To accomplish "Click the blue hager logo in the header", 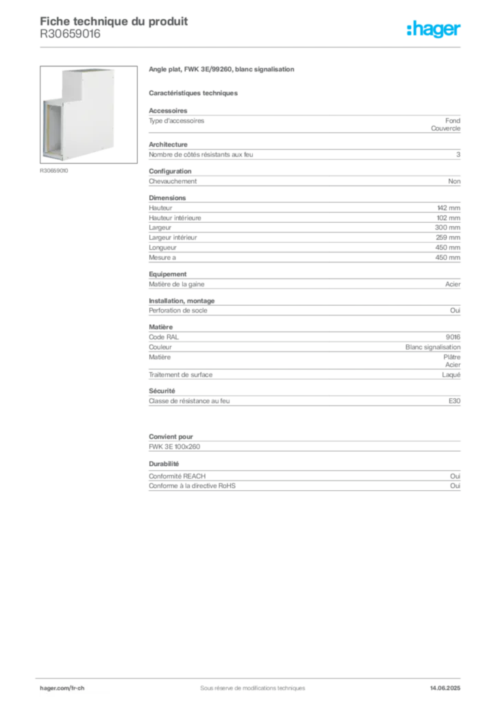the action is point(434,29).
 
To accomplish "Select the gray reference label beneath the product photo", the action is point(55,171).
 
